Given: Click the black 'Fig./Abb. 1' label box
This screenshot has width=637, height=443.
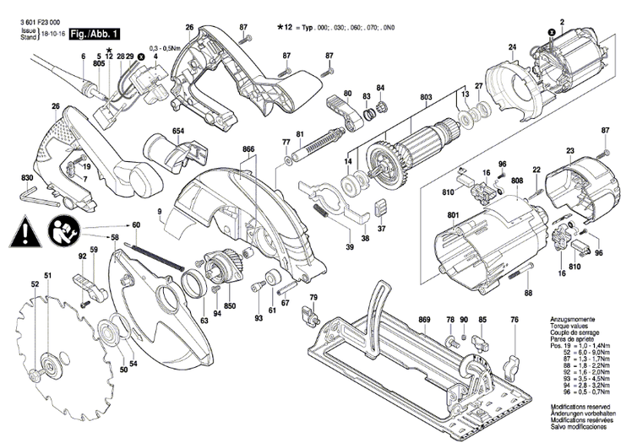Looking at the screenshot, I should click(95, 33).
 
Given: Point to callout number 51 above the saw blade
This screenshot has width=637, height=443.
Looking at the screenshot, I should click(48, 277).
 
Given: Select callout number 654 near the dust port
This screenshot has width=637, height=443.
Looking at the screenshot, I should click(178, 132).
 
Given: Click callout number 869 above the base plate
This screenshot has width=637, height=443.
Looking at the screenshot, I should click(424, 321).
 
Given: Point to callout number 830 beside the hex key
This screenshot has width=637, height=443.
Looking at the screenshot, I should click(27, 177).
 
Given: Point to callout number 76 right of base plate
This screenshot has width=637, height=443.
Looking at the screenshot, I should click(514, 321).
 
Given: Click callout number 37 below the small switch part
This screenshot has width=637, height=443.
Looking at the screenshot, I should click(381, 228).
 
